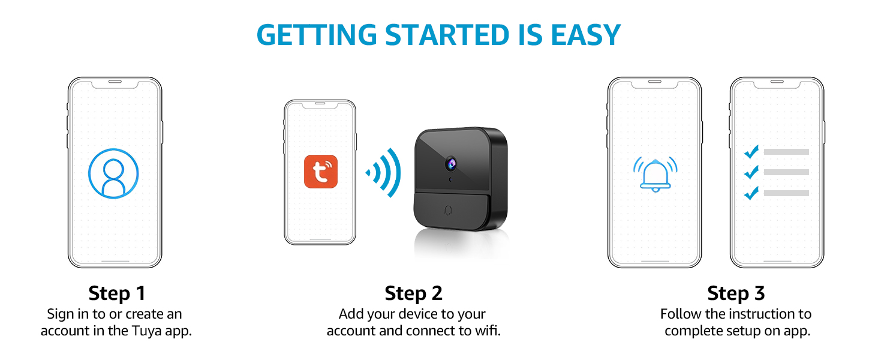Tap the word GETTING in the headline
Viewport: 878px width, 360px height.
pyautogui.click(x=317, y=35)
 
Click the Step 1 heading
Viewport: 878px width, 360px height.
pyautogui.click(x=117, y=293)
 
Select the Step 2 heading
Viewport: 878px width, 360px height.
pyautogui.click(x=414, y=293)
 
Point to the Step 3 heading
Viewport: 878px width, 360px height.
pyautogui.click(x=736, y=293)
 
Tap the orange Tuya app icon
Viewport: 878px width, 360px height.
pyautogui.click(x=321, y=172)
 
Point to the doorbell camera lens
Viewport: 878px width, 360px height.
pyautogui.click(x=451, y=164)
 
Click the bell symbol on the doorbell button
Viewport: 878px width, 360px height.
pyautogui.click(x=448, y=211)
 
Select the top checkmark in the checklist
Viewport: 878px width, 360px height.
pyautogui.click(x=751, y=152)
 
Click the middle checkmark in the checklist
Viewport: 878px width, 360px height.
pyautogui.click(x=751, y=172)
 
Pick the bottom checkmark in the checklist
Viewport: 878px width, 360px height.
pyautogui.click(x=751, y=193)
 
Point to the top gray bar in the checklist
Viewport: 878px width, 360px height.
pyautogui.click(x=786, y=152)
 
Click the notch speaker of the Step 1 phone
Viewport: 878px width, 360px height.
pyautogui.click(x=115, y=82)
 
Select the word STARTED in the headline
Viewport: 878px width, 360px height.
pyautogui.click(x=447, y=35)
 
